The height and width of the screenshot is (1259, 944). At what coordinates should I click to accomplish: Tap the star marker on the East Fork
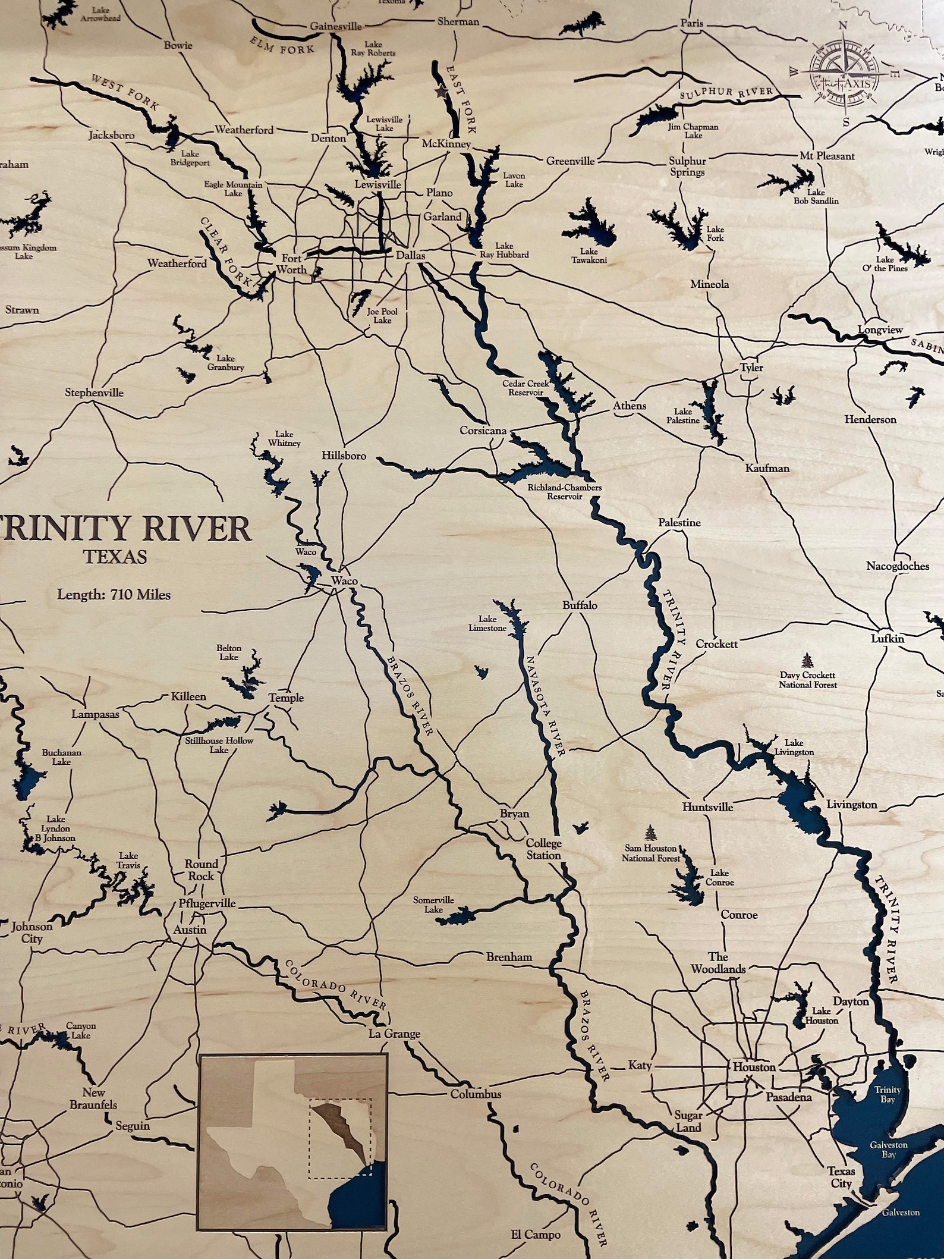(x=441, y=92)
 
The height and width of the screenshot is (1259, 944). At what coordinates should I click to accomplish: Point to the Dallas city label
(x=411, y=255)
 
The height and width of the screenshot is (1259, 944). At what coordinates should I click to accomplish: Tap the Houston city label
(x=754, y=1067)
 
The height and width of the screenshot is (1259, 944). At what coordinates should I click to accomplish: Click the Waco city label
(x=342, y=580)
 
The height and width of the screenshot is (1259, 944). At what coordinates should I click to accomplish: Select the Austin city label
(x=190, y=930)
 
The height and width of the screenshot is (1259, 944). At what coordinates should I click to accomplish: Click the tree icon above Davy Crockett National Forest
(x=807, y=660)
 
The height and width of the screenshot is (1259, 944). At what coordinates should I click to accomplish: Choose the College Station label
(x=543, y=849)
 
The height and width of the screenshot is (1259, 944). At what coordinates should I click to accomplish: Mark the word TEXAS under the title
(x=115, y=557)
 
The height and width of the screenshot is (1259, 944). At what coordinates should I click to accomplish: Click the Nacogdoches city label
(x=897, y=566)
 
